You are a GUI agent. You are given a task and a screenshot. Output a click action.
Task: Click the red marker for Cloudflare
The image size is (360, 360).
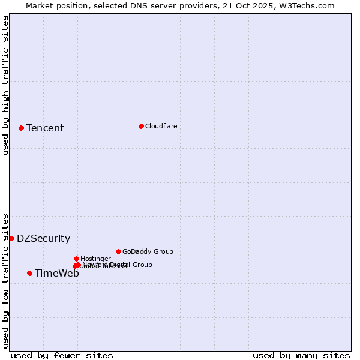[141, 126]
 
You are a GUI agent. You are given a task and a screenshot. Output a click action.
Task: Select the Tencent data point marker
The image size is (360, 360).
[21, 128]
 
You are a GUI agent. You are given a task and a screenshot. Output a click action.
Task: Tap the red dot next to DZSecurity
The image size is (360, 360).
[11, 238]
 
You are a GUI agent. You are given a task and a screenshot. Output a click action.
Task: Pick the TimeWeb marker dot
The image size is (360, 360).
[29, 273]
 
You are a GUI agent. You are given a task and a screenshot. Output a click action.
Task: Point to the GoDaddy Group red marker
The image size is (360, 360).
[118, 251]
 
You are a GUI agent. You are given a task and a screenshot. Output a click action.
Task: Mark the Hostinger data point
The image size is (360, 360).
[76, 259]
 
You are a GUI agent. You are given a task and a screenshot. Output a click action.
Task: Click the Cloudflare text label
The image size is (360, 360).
[161, 126]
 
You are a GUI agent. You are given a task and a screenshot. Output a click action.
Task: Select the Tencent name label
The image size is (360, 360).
[45, 128]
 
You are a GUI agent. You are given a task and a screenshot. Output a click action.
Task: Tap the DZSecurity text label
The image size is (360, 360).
[43, 238]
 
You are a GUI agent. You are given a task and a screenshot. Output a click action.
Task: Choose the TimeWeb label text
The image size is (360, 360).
[56, 273]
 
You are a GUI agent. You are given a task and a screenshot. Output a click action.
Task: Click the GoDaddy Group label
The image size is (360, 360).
[148, 251]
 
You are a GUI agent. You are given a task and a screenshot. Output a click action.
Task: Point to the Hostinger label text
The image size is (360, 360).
[95, 259]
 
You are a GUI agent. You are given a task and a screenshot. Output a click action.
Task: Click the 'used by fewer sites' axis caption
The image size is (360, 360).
[62, 355]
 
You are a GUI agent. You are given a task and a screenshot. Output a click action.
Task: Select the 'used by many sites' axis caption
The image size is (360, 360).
[301, 355]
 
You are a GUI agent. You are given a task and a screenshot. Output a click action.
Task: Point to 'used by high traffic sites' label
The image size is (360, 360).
[5, 85]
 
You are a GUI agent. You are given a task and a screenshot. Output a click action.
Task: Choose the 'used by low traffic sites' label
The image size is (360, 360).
[5, 280]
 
